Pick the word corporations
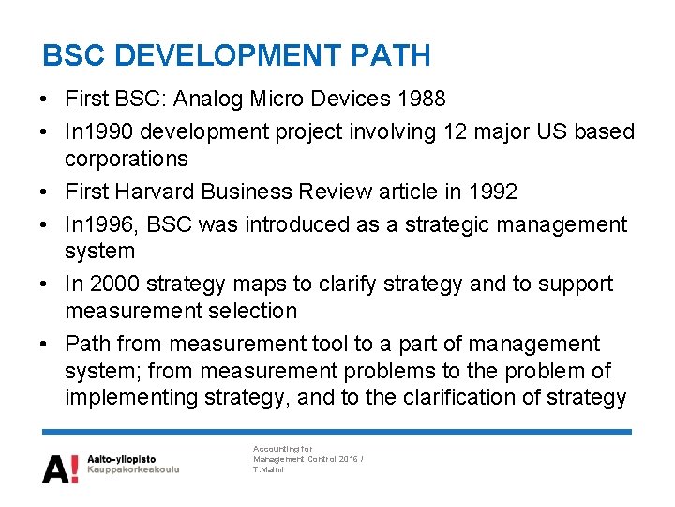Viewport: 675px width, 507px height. [126, 159]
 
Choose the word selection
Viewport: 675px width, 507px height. [252, 310]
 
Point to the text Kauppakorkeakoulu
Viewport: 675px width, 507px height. [132, 469]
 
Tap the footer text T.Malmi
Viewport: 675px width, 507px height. [270, 469]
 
